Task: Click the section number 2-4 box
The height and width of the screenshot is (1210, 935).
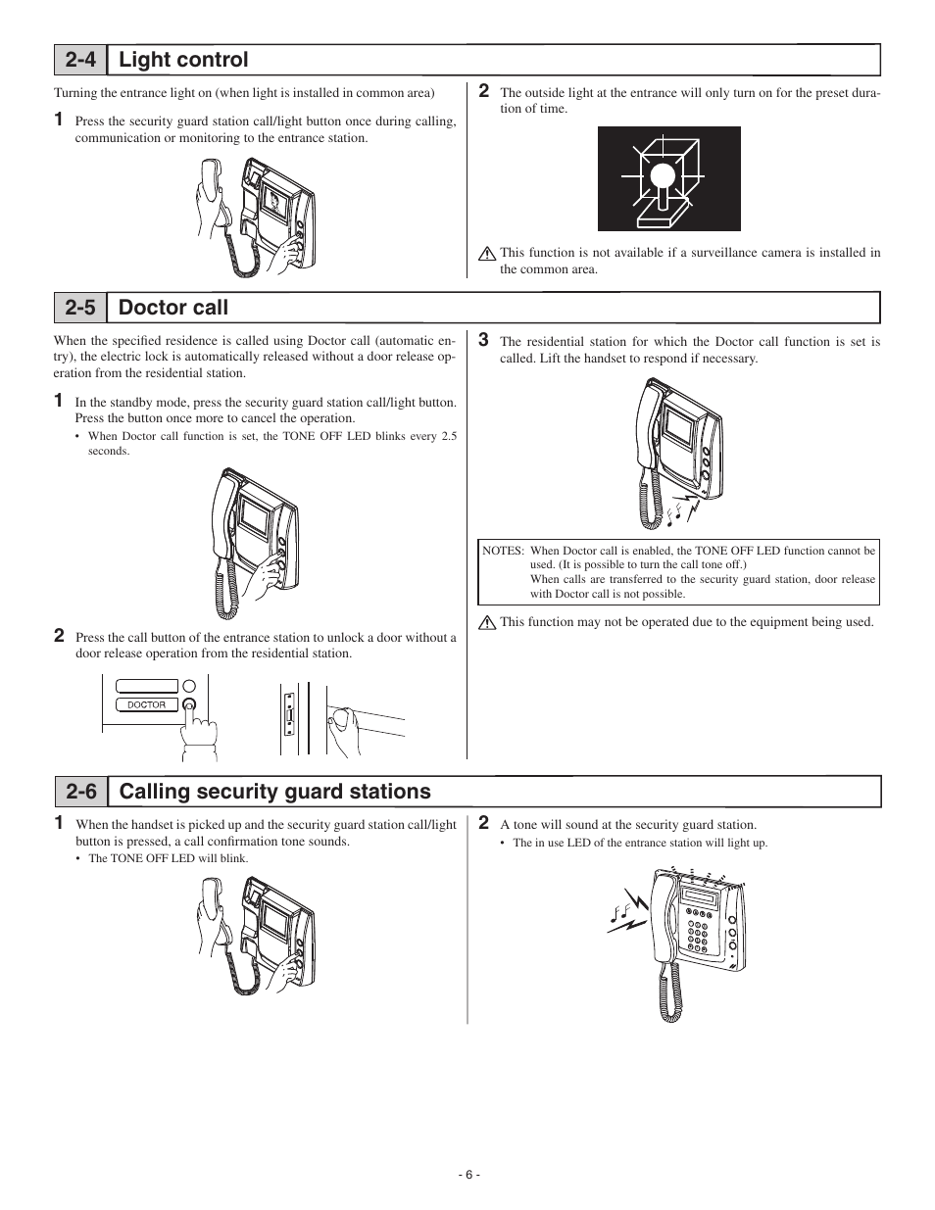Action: pyautogui.click(x=80, y=60)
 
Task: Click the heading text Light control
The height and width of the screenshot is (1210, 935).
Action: pyautogui.click(x=183, y=60)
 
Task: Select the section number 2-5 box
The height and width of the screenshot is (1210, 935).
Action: pyautogui.click(x=80, y=308)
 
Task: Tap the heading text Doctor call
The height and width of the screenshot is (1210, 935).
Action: pyautogui.click(x=172, y=308)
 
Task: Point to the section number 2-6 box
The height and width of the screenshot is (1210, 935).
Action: pyautogui.click(x=80, y=791)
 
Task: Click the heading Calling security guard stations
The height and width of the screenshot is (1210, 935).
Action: pyautogui.click(x=274, y=791)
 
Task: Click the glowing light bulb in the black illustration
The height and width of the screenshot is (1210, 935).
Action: pyautogui.click(x=664, y=177)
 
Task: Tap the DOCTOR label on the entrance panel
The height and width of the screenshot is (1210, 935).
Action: pyautogui.click(x=147, y=704)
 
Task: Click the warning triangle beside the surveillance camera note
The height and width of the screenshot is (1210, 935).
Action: pyautogui.click(x=486, y=254)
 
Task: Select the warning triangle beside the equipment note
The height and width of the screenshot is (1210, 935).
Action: pyautogui.click(x=486, y=622)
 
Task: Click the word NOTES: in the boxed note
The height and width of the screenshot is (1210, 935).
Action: pyautogui.click(x=503, y=551)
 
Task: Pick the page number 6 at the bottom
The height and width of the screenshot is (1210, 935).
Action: pyautogui.click(x=468, y=1175)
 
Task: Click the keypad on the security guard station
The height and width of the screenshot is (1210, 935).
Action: pyautogui.click(x=698, y=933)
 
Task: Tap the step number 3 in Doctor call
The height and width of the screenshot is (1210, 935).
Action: pyautogui.click(x=483, y=340)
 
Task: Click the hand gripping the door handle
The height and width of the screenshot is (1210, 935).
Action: pyautogui.click(x=342, y=726)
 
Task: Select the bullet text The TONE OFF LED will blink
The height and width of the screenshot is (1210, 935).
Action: pyautogui.click(x=168, y=858)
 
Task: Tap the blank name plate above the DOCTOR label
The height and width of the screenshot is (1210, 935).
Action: pyautogui.click(x=147, y=686)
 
